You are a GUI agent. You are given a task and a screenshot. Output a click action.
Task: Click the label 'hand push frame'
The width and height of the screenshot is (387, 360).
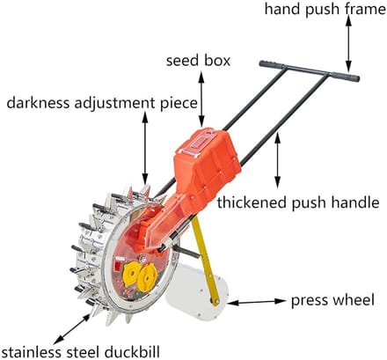[x=325, y=9]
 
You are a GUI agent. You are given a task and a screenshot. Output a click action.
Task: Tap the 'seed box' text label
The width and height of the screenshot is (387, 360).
[x=198, y=61]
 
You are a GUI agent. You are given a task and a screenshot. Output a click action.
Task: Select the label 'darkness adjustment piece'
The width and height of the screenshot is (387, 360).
[x=102, y=103]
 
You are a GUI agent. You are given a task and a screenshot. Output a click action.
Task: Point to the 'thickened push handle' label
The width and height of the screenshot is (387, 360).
[x=298, y=202]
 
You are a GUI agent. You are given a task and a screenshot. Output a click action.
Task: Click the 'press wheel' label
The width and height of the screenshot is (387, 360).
[x=332, y=300]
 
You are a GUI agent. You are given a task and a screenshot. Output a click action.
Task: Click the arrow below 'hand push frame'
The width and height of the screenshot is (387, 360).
[x=348, y=42]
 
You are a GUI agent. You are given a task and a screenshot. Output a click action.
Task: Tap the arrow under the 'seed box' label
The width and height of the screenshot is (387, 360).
[x=201, y=99]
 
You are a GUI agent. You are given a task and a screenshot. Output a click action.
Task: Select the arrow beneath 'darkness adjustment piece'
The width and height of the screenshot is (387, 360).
[x=144, y=148]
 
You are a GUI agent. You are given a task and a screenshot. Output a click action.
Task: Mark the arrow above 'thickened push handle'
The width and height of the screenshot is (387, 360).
[x=277, y=161]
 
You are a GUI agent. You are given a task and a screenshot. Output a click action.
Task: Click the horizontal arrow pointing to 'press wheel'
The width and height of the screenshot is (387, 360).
[x=257, y=302]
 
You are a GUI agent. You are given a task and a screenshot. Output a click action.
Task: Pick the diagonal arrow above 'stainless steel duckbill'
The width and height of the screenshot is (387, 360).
[x=72, y=329]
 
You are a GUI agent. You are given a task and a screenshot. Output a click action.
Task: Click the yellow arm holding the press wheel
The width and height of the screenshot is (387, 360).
[x=206, y=262]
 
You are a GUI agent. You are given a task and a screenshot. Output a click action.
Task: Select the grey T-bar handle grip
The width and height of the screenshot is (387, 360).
[x=310, y=71]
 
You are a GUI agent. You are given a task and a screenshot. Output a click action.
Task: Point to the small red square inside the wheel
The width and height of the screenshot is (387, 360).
[x=118, y=267]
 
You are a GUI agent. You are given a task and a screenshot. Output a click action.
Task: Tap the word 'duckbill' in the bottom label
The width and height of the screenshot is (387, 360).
[x=131, y=351]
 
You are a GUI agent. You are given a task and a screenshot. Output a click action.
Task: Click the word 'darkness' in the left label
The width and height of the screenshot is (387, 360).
[x=38, y=103]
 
